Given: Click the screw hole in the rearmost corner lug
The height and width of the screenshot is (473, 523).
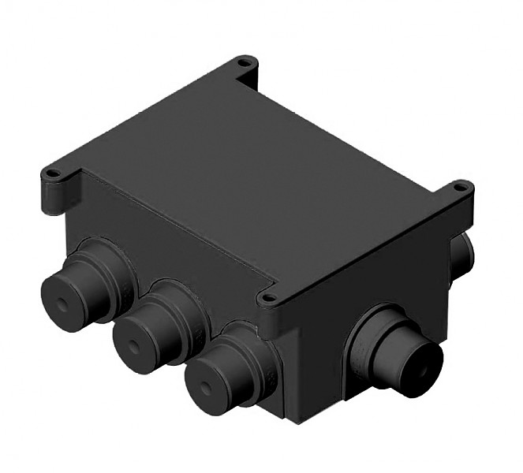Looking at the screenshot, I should click(245, 61).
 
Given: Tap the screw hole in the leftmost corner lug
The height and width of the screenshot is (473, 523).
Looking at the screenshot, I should click(53, 173).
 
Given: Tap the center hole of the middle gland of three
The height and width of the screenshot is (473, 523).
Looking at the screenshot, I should click(133, 345).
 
